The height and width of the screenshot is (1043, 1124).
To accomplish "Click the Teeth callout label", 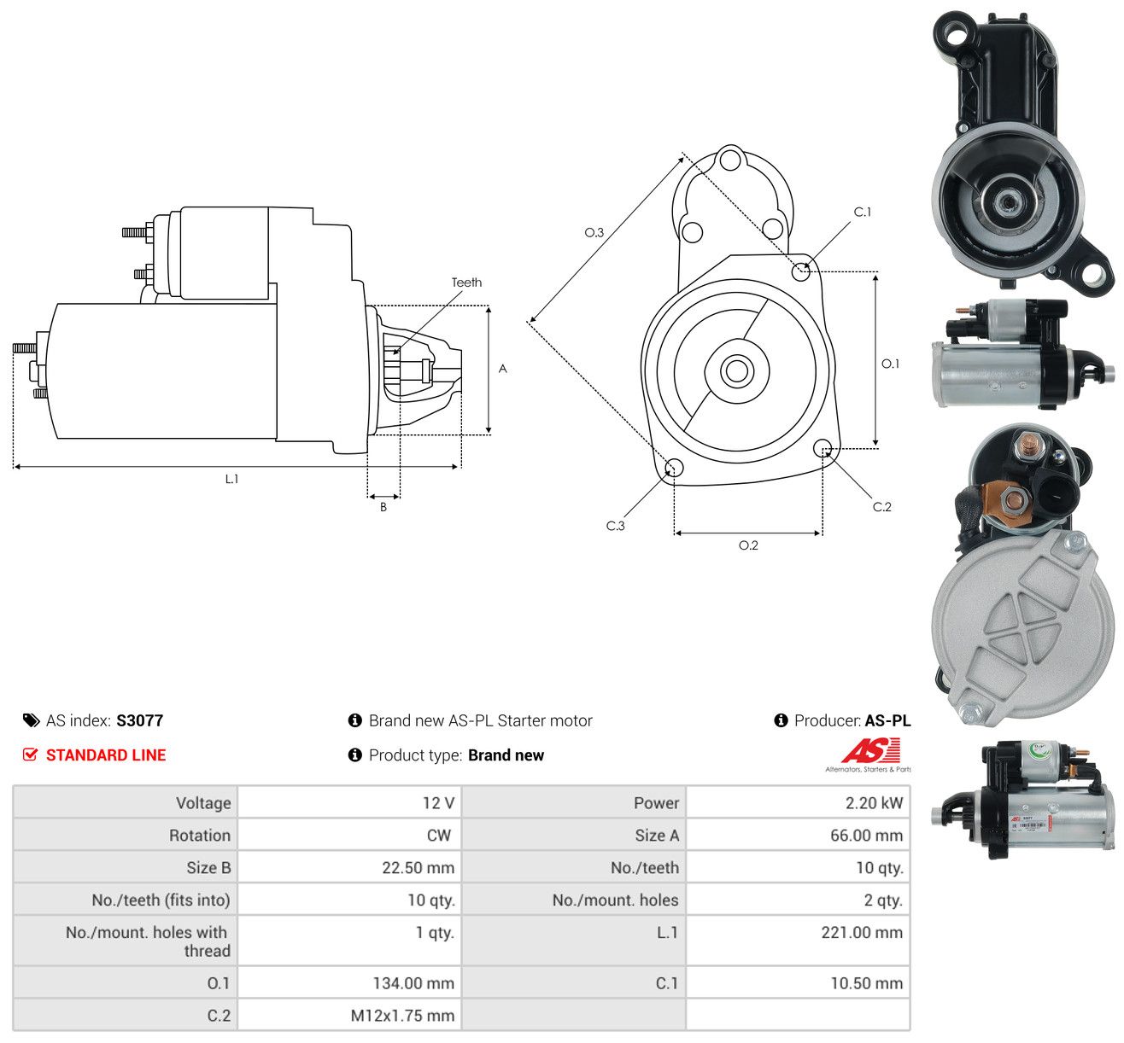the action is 466,283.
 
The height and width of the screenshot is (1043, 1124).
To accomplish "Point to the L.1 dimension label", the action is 231,479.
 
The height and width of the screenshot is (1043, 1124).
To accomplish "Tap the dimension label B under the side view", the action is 383,507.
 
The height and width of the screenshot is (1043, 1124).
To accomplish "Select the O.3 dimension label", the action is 594,232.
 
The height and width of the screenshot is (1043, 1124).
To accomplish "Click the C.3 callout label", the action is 615,526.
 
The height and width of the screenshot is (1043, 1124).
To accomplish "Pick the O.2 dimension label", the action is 748,545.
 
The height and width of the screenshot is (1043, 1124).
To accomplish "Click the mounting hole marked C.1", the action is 801,271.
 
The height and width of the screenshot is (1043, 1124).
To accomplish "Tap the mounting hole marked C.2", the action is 823,449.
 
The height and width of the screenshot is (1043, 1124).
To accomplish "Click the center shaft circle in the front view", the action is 736,371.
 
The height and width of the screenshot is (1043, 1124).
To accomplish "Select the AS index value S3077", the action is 140,720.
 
